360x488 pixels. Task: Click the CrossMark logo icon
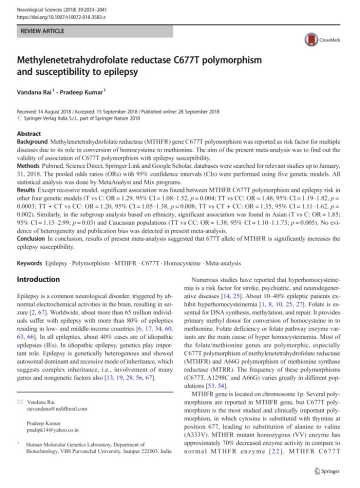311,40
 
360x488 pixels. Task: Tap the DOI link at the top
62,17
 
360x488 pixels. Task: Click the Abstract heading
29,134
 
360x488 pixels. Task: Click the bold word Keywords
30,263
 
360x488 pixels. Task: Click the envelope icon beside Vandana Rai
19,402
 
